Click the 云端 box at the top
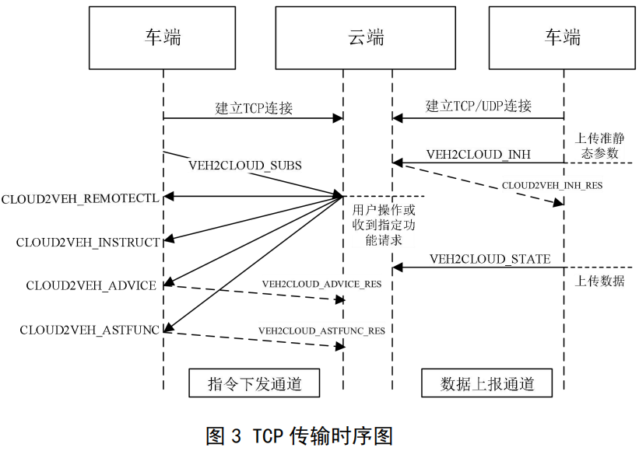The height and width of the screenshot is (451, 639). [x=367, y=37]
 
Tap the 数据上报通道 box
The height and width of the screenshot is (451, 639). [x=486, y=383]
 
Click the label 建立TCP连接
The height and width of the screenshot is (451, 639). [x=254, y=108]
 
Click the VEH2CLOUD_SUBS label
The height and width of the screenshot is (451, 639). [x=245, y=166]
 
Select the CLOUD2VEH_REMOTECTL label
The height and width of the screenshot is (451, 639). [x=80, y=198]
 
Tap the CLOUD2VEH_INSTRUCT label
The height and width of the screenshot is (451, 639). [x=88, y=243]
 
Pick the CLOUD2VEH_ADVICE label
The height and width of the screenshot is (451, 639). [x=91, y=285]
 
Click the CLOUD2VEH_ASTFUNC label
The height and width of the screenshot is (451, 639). [x=90, y=330]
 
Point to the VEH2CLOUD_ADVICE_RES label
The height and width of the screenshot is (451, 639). [x=321, y=285]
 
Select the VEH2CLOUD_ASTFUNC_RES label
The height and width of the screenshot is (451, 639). [x=321, y=330]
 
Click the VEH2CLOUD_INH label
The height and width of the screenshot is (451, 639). [x=479, y=154]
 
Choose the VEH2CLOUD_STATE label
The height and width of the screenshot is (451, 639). [x=490, y=259]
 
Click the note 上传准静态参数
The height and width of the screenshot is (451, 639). [x=597, y=145]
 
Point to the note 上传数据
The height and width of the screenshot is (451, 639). [x=599, y=281]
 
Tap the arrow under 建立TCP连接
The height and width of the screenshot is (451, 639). [x=254, y=119]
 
